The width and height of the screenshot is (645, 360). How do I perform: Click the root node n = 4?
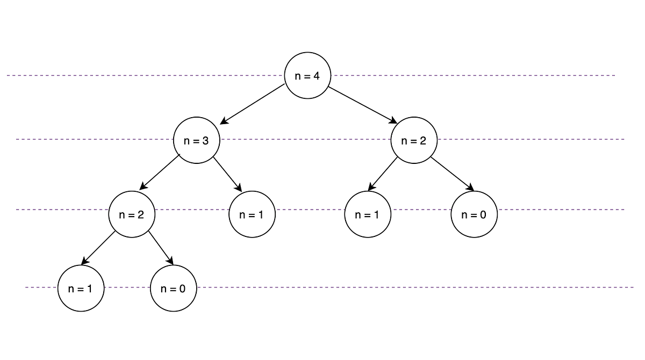coord(307,76)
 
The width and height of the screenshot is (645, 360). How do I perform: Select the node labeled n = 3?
coord(197,141)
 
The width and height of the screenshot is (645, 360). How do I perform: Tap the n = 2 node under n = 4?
coord(414,141)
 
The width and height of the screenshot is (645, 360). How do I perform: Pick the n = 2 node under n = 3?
coord(132,214)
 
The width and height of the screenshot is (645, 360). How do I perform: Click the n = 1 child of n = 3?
coord(252,214)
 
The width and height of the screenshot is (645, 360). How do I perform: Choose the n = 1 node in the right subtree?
coord(368,214)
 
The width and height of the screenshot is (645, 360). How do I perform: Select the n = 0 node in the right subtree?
coord(474,214)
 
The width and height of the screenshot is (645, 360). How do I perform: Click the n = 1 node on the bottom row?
coord(81,288)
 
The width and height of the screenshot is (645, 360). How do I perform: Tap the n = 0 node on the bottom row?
coord(173,288)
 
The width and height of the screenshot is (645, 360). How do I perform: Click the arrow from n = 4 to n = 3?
coord(253,104)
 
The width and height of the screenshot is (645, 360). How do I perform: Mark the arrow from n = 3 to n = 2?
coord(160,172)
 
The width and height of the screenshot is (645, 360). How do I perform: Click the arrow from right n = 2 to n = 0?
coord(451,174)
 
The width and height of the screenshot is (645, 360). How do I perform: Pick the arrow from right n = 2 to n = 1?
coord(383,174)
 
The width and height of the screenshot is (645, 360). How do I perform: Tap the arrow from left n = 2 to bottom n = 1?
coord(98,248)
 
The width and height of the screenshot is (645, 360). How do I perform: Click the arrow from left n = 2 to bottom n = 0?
coord(161,248)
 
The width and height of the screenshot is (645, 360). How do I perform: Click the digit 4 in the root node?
coord(317,76)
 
